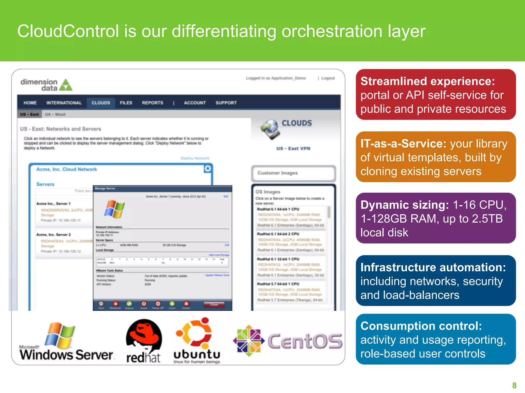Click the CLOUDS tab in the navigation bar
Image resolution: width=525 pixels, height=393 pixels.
101,103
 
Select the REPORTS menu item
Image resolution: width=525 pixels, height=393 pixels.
153,103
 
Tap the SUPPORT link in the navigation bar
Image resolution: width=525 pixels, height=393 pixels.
226,103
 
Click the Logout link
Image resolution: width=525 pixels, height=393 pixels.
328,78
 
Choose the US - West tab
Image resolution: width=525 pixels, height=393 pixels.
55,114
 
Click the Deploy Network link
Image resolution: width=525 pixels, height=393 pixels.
195,158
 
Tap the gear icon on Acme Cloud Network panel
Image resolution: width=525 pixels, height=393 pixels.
208,168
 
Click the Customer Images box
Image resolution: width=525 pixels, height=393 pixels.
293,173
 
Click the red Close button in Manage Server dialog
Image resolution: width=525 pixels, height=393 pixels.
214,304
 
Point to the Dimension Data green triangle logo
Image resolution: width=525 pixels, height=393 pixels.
66,85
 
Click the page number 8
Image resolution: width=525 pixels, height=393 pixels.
514,385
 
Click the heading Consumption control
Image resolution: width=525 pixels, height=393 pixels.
421,326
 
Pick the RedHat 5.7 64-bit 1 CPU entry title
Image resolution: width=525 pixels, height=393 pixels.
278,284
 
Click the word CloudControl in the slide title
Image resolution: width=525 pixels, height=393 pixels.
68,31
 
